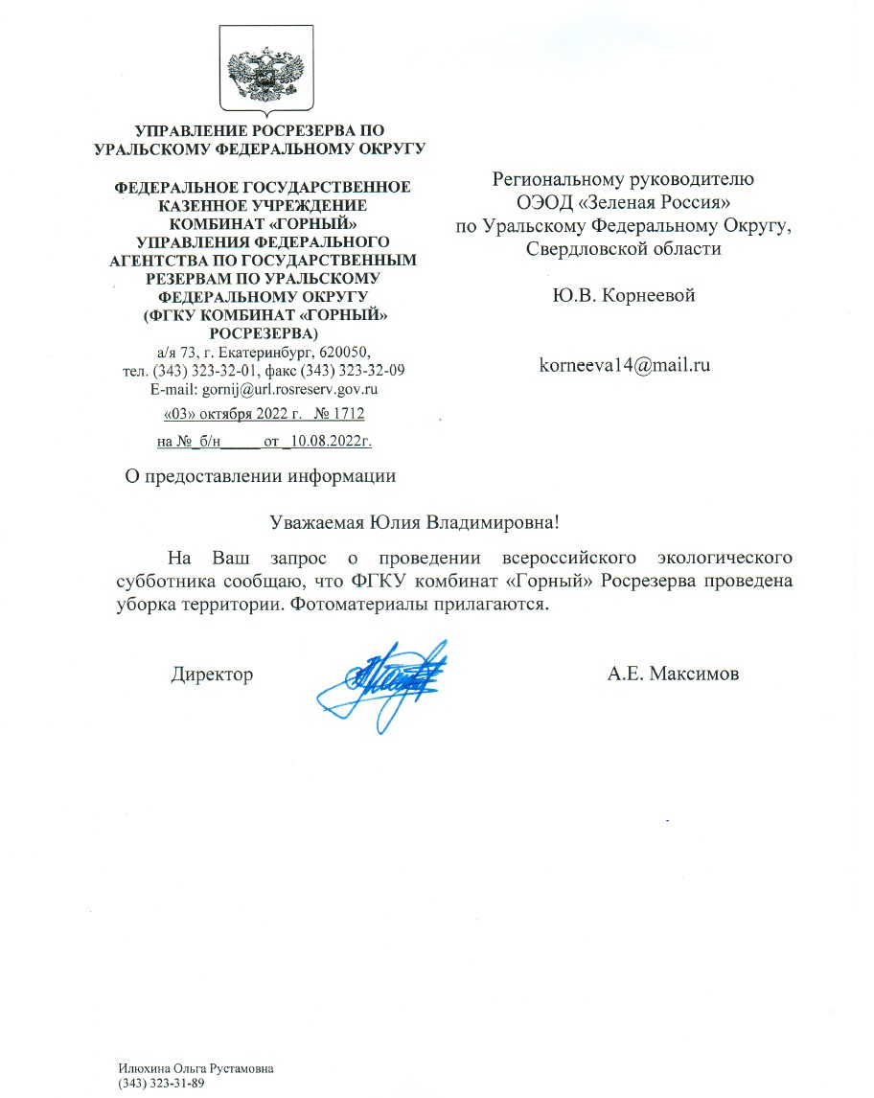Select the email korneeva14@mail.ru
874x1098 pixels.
[624, 364]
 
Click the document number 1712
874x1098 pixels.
[345, 414]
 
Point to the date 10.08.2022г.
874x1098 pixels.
[333, 442]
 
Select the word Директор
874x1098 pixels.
[212, 675]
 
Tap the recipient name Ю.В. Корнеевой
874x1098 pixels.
[624, 296]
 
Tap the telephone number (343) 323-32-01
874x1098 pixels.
[200, 371]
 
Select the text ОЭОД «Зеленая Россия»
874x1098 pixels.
[624, 201]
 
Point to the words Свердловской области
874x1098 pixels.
[624, 248]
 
